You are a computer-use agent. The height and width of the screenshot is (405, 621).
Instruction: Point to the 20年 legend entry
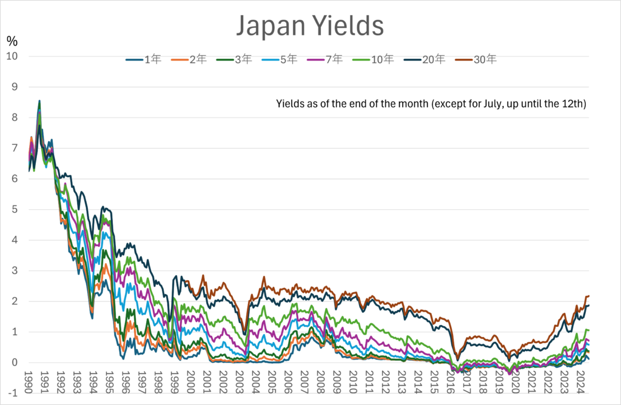coord(434,59)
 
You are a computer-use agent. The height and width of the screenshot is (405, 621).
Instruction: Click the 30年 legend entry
coord(486,59)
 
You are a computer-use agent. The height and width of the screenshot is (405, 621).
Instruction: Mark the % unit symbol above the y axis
coord(12,41)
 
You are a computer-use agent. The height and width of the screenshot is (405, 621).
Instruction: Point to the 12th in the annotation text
coord(572,104)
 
